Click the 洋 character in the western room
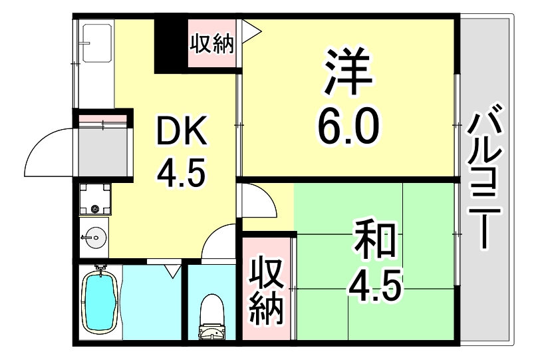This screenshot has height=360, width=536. coord(348,71)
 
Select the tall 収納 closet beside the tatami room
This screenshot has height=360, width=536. coord(267,287)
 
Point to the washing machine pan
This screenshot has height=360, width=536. coord(94,198)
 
